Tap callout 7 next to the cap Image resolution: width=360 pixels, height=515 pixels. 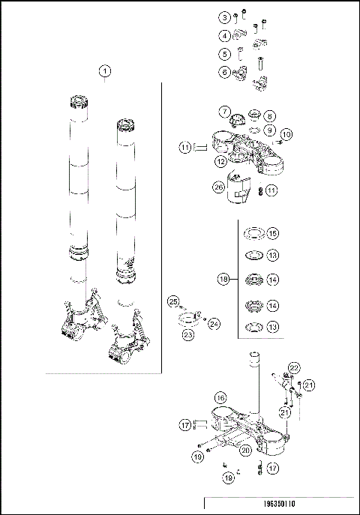[224, 112]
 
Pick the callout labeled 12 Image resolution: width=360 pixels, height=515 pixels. [220, 161]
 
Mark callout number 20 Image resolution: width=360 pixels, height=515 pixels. [245, 450]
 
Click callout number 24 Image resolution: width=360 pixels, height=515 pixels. [213, 324]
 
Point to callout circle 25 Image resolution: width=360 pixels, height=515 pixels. [173, 301]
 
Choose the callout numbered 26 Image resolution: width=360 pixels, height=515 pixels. [219, 187]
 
